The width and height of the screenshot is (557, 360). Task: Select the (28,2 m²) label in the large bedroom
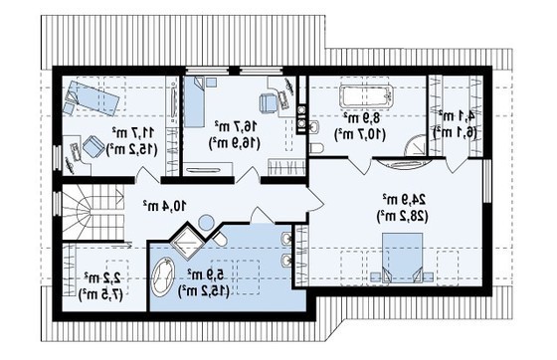click(x=396, y=215)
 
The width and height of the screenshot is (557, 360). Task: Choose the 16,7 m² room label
click(x=231, y=127)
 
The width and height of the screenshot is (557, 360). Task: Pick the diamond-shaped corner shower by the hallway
click(x=186, y=242)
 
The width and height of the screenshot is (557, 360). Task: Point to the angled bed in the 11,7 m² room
click(x=92, y=97)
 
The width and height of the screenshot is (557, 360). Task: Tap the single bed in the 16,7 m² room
click(x=197, y=102)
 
